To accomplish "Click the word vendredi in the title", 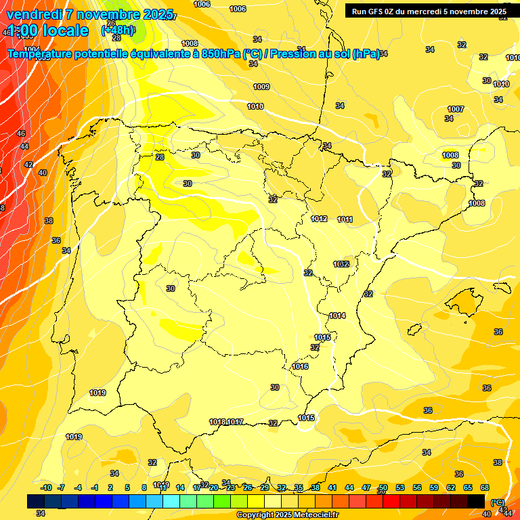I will (35, 14).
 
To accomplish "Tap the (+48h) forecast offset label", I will (118, 30).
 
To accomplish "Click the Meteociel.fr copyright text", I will (287, 515).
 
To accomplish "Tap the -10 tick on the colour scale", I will (46, 487).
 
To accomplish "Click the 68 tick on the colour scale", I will (485, 487).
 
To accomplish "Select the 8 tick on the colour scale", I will (144, 487).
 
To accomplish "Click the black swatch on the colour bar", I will (476, 501).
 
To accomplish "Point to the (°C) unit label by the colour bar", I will (497, 502).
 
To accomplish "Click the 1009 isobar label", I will (261, 87).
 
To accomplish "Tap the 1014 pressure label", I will (337, 316).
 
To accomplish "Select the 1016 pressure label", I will (301, 366).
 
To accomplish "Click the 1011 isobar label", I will (345, 219).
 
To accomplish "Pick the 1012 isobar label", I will (320, 219).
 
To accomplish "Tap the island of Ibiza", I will (414, 328).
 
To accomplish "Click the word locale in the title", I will (65, 30).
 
